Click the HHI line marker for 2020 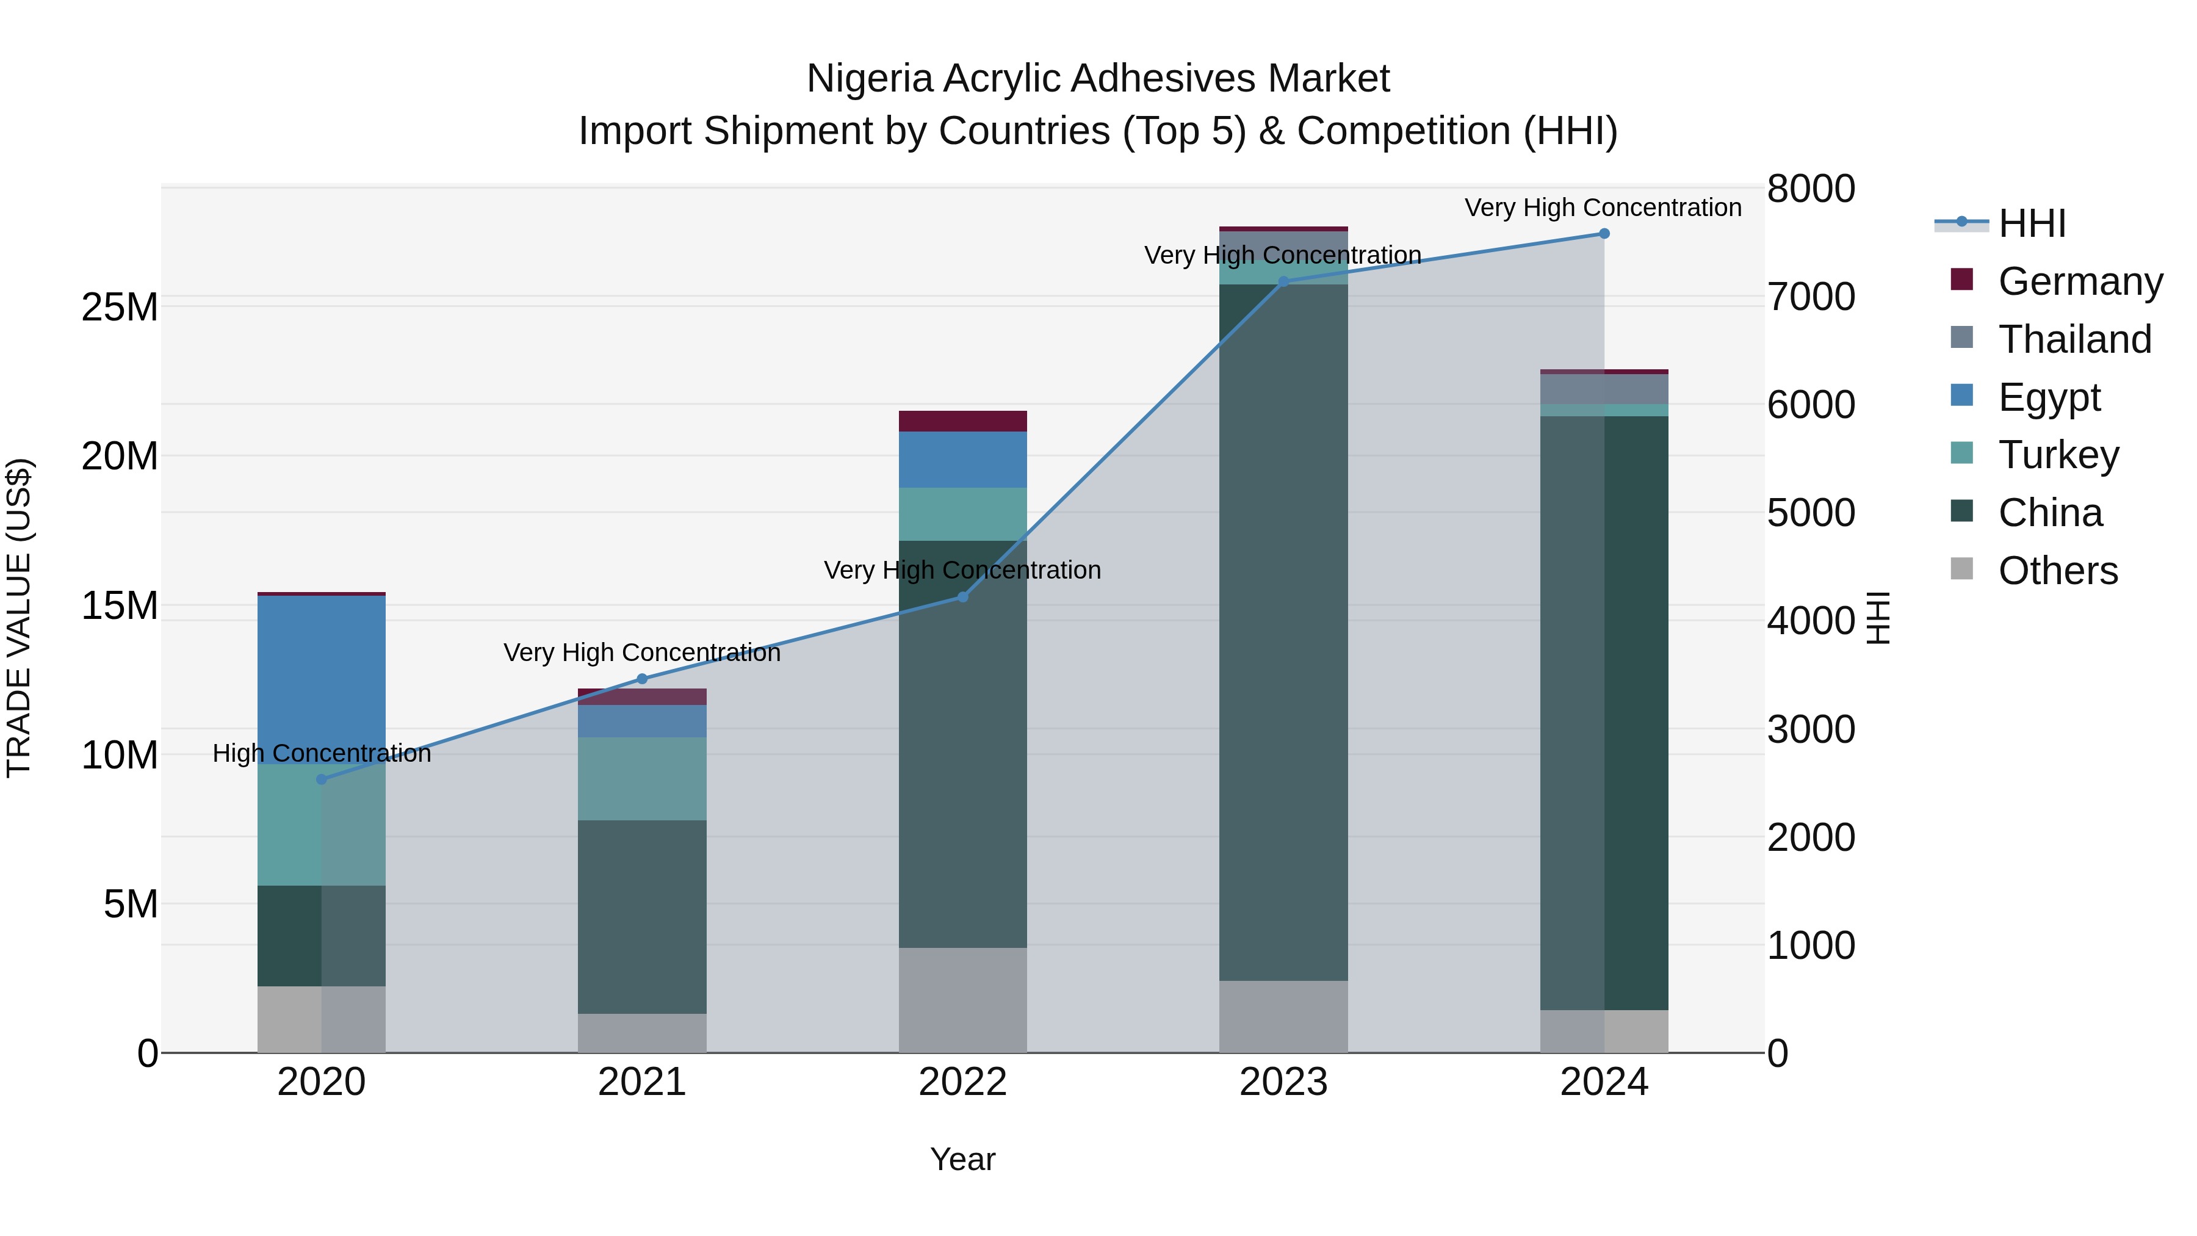tap(322, 779)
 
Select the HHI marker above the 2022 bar tap(963, 597)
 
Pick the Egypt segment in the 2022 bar tap(963, 460)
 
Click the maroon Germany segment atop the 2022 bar tap(963, 421)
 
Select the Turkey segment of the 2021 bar tap(642, 778)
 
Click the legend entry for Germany tap(2079, 281)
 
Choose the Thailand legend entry tap(2074, 339)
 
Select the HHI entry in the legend tap(2032, 223)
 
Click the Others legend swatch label tap(2057, 571)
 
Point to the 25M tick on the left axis tap(120, 307)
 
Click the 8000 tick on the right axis tap(1811, 189)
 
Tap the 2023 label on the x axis tap(1283, 1082)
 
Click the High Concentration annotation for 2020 tap(322, 753)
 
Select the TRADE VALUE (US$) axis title tap(19, 618)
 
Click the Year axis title tap(963, 1159)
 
